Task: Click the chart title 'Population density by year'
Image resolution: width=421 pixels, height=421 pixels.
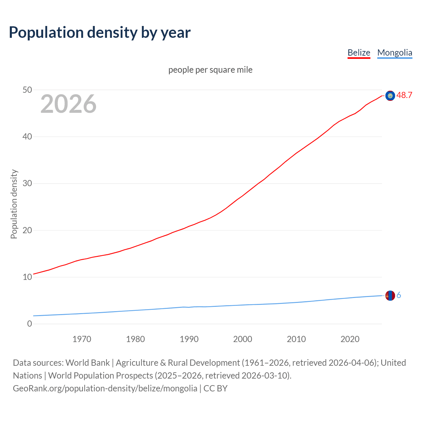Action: click(100, 32)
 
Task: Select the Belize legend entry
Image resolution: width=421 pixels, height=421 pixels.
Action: click(359, 53)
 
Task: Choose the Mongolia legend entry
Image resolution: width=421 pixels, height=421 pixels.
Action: click(394, 53)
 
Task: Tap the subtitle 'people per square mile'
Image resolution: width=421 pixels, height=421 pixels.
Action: click(210, 70)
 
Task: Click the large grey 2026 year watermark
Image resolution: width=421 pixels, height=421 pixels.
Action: click(68, 104)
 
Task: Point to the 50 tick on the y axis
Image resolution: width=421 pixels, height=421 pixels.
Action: click(27, 90)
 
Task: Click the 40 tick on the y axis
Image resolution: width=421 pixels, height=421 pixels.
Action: click(27, 136)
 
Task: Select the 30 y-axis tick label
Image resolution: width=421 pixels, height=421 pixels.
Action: click(27, 183)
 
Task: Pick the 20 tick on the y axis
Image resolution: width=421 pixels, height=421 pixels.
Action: click(27, 230)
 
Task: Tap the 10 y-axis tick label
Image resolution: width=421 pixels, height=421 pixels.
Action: click(27, 277)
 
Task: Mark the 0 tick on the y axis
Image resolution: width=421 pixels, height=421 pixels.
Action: click(30, 324)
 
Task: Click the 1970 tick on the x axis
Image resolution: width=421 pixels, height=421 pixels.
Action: click(82, 339)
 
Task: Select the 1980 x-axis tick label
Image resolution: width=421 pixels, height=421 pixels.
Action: click(136, 339)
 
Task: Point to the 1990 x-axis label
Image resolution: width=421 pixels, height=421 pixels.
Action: click(189, 339)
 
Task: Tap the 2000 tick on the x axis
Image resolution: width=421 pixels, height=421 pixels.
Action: click(243, 339)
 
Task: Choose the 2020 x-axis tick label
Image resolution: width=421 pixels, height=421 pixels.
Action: click(350, 339)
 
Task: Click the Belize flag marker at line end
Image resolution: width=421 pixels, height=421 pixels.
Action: click(390, 96)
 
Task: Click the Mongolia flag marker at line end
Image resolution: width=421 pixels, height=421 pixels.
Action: click(390, 296)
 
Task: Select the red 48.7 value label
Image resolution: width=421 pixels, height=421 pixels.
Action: click(404, 95)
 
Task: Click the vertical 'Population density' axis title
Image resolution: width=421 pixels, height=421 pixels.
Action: click(14, 204)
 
